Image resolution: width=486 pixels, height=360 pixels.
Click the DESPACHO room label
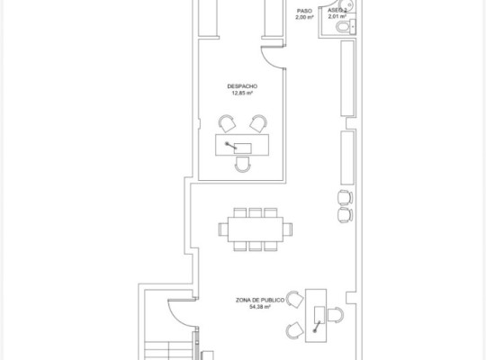(242, 86)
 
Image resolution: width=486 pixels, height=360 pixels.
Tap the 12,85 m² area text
(242, 93)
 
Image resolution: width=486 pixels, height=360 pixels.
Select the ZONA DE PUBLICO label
(260, 301)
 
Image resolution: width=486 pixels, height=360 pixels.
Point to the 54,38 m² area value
(260, 307)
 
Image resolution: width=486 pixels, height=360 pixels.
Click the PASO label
(304, 11)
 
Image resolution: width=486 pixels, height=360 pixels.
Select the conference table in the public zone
(256, 229)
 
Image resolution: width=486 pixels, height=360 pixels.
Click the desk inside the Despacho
(242, 145)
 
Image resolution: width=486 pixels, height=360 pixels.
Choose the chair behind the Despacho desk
(242, 165)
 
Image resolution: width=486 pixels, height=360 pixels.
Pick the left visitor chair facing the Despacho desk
(227, 123)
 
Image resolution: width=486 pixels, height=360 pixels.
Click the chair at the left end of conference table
(223, 229)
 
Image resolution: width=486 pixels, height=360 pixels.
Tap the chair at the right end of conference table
(288, 229)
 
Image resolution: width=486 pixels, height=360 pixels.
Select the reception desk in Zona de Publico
(316, 316)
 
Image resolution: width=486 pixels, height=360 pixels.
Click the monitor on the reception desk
(319, 315)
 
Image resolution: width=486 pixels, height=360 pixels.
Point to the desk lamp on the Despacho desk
(231, 146)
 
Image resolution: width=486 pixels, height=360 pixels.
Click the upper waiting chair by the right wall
(346, 197)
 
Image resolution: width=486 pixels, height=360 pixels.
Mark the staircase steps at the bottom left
(168, 351)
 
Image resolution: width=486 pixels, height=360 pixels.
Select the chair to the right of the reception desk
(336, 315)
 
